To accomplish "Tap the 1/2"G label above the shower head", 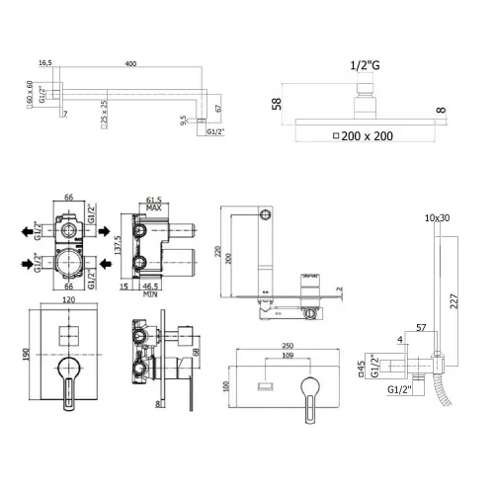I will pos(365,66).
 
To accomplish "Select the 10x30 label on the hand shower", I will pos(436,218).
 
